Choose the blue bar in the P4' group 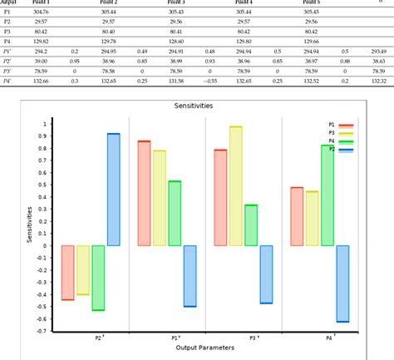342,284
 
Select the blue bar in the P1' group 190,276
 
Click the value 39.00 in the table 41,61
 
